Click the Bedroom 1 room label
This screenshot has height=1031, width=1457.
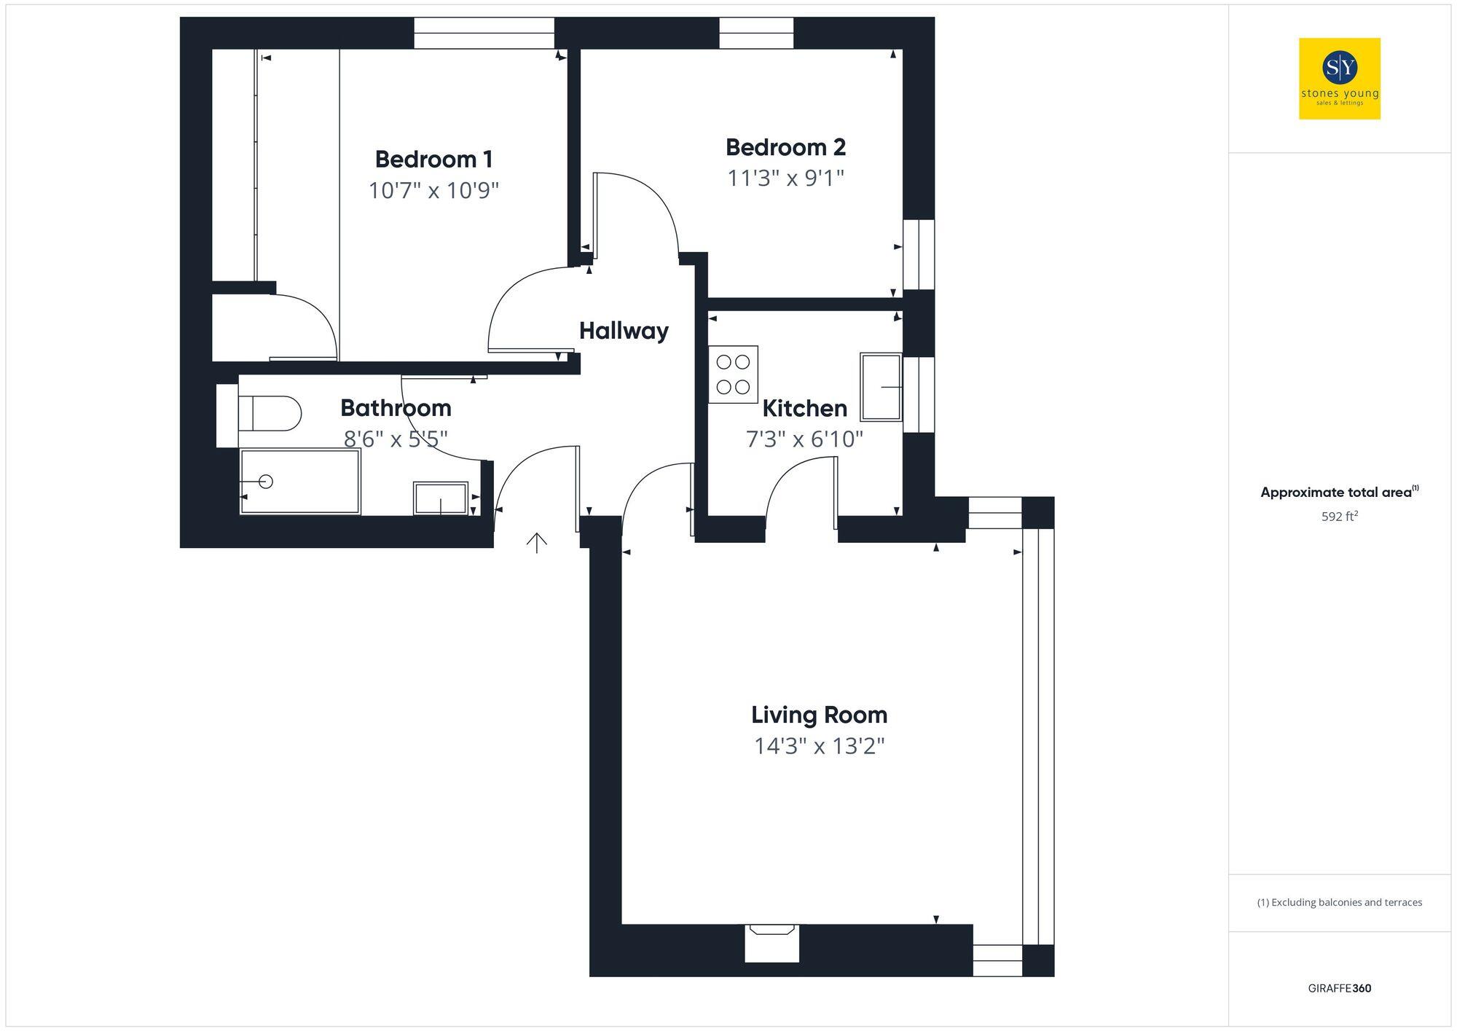pyautogui.click(x=433, y=159)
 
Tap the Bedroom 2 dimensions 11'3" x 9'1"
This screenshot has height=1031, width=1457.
pyautogui.click(x=785, y=178)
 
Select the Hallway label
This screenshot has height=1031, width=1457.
pyautogui.click(x=624, y=331)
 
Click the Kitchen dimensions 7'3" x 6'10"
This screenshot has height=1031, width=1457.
pyautogui.click(x=804, y=439)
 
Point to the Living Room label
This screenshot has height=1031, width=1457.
pyautogui.click(x=819, y=715)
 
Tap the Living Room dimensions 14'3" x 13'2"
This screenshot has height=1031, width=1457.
pyautogui.click(x=819, y=747)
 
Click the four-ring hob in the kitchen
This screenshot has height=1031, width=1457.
pyautogui.click(x=733, y=374)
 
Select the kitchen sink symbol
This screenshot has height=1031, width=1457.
pyautogui.click(x=881, y=387)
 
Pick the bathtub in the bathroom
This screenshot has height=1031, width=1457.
pyautogui.click(x=300, y=481)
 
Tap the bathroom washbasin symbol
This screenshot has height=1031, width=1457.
pyautogui.click(x=440, y=498)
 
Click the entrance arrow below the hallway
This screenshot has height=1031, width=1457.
pyautogui.click(x=537, y=542)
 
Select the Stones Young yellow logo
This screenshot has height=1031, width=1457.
pyautogui.click(x=1339, y=79)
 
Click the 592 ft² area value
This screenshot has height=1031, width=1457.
pyautogui.click(x=1339, y=517)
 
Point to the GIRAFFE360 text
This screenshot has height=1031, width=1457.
pyautogui.click(x=1339, y=988)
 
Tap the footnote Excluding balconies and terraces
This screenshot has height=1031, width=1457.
pyautogui.click(x=1339, y=902)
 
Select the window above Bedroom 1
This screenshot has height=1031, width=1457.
pyautogui.click(x=484, y=33)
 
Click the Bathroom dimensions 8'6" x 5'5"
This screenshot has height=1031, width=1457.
pyautogui.click(x=396, y=439)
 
